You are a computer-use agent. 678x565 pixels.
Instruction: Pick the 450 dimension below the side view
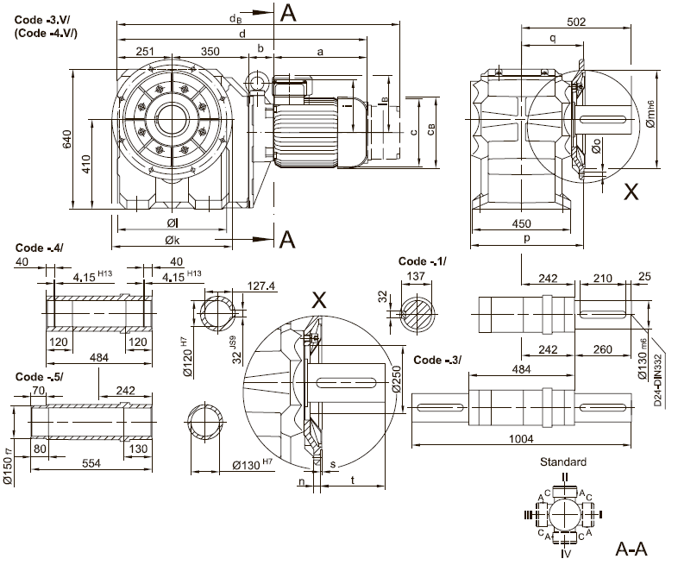point(522,224)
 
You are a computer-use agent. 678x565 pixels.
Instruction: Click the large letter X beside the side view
point(631,193)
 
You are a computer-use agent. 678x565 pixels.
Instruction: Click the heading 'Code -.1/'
point(423,261)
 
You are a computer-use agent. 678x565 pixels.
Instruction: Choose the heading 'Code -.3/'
point(439,360)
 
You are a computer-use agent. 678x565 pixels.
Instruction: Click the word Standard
point(563,462)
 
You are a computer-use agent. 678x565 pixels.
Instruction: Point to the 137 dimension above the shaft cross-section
point(417,276)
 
